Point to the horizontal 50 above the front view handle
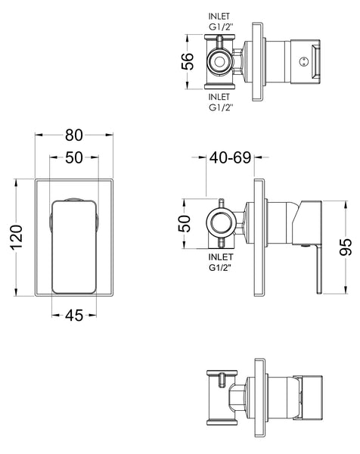point(73,159)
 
